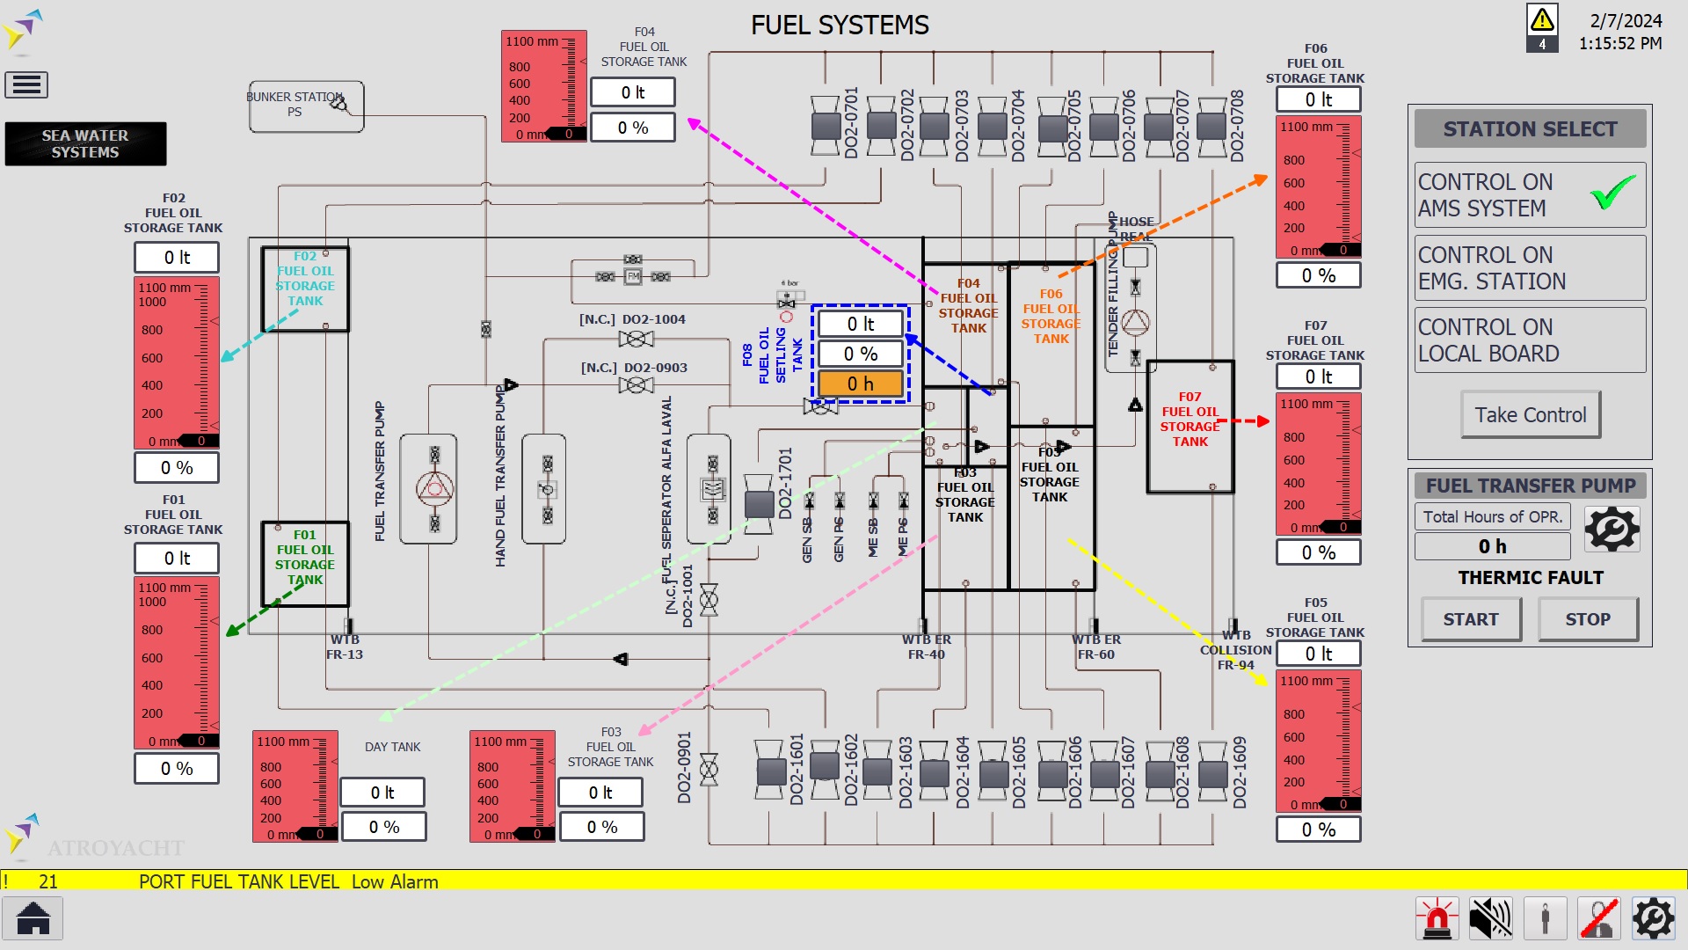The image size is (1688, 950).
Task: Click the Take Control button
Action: (1530, 414)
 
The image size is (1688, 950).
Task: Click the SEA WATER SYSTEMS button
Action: (85, 143)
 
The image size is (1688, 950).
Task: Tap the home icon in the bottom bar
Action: (33, 919)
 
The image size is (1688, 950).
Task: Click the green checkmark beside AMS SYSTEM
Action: (1613, 193)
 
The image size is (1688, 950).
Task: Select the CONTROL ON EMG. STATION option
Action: (1529, 267)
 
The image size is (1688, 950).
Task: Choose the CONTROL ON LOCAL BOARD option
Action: (1529, 340)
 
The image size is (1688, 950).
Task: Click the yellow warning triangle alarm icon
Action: (1542, 19)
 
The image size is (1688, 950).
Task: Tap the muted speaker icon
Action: (1490, 919)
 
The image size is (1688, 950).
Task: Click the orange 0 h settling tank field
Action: (860, 384)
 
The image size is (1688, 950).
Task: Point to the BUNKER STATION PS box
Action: (306, 106)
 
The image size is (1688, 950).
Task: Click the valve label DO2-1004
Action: (653, 319)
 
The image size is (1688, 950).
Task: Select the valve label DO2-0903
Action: (655, 368)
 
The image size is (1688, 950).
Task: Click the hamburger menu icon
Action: (26, 84)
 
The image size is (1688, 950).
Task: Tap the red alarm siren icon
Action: (1437, 919)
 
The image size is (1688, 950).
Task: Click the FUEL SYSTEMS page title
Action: (840, 25)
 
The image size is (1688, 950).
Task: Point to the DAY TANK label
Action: (392, 747)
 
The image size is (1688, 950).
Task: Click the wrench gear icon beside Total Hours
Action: (1612, 529)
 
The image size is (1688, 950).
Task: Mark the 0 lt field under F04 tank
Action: (633, 92)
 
